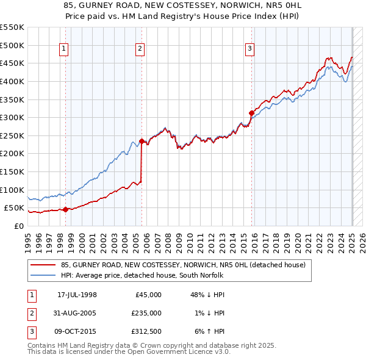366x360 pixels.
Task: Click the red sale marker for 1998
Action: pyautogui.click(x=65, y=209)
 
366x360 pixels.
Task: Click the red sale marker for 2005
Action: pyautogui.click(x=142, y=141)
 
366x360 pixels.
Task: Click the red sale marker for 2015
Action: pyautogui.click(x=251, y=112)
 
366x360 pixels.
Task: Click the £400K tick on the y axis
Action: pyautogui.click(x=12, y=81)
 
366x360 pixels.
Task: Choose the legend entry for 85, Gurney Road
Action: pyautogui.click(x=178, y=265)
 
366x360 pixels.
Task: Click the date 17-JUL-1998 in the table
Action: pyautogui.click(x=77, y=295)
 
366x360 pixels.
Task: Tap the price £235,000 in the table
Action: pyautogui.click(x=146, y=313)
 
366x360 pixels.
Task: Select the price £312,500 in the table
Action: pyautogui.click(x=146, y=331)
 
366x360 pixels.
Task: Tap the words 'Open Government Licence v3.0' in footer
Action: pyautogui.click(x=177, y=352)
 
